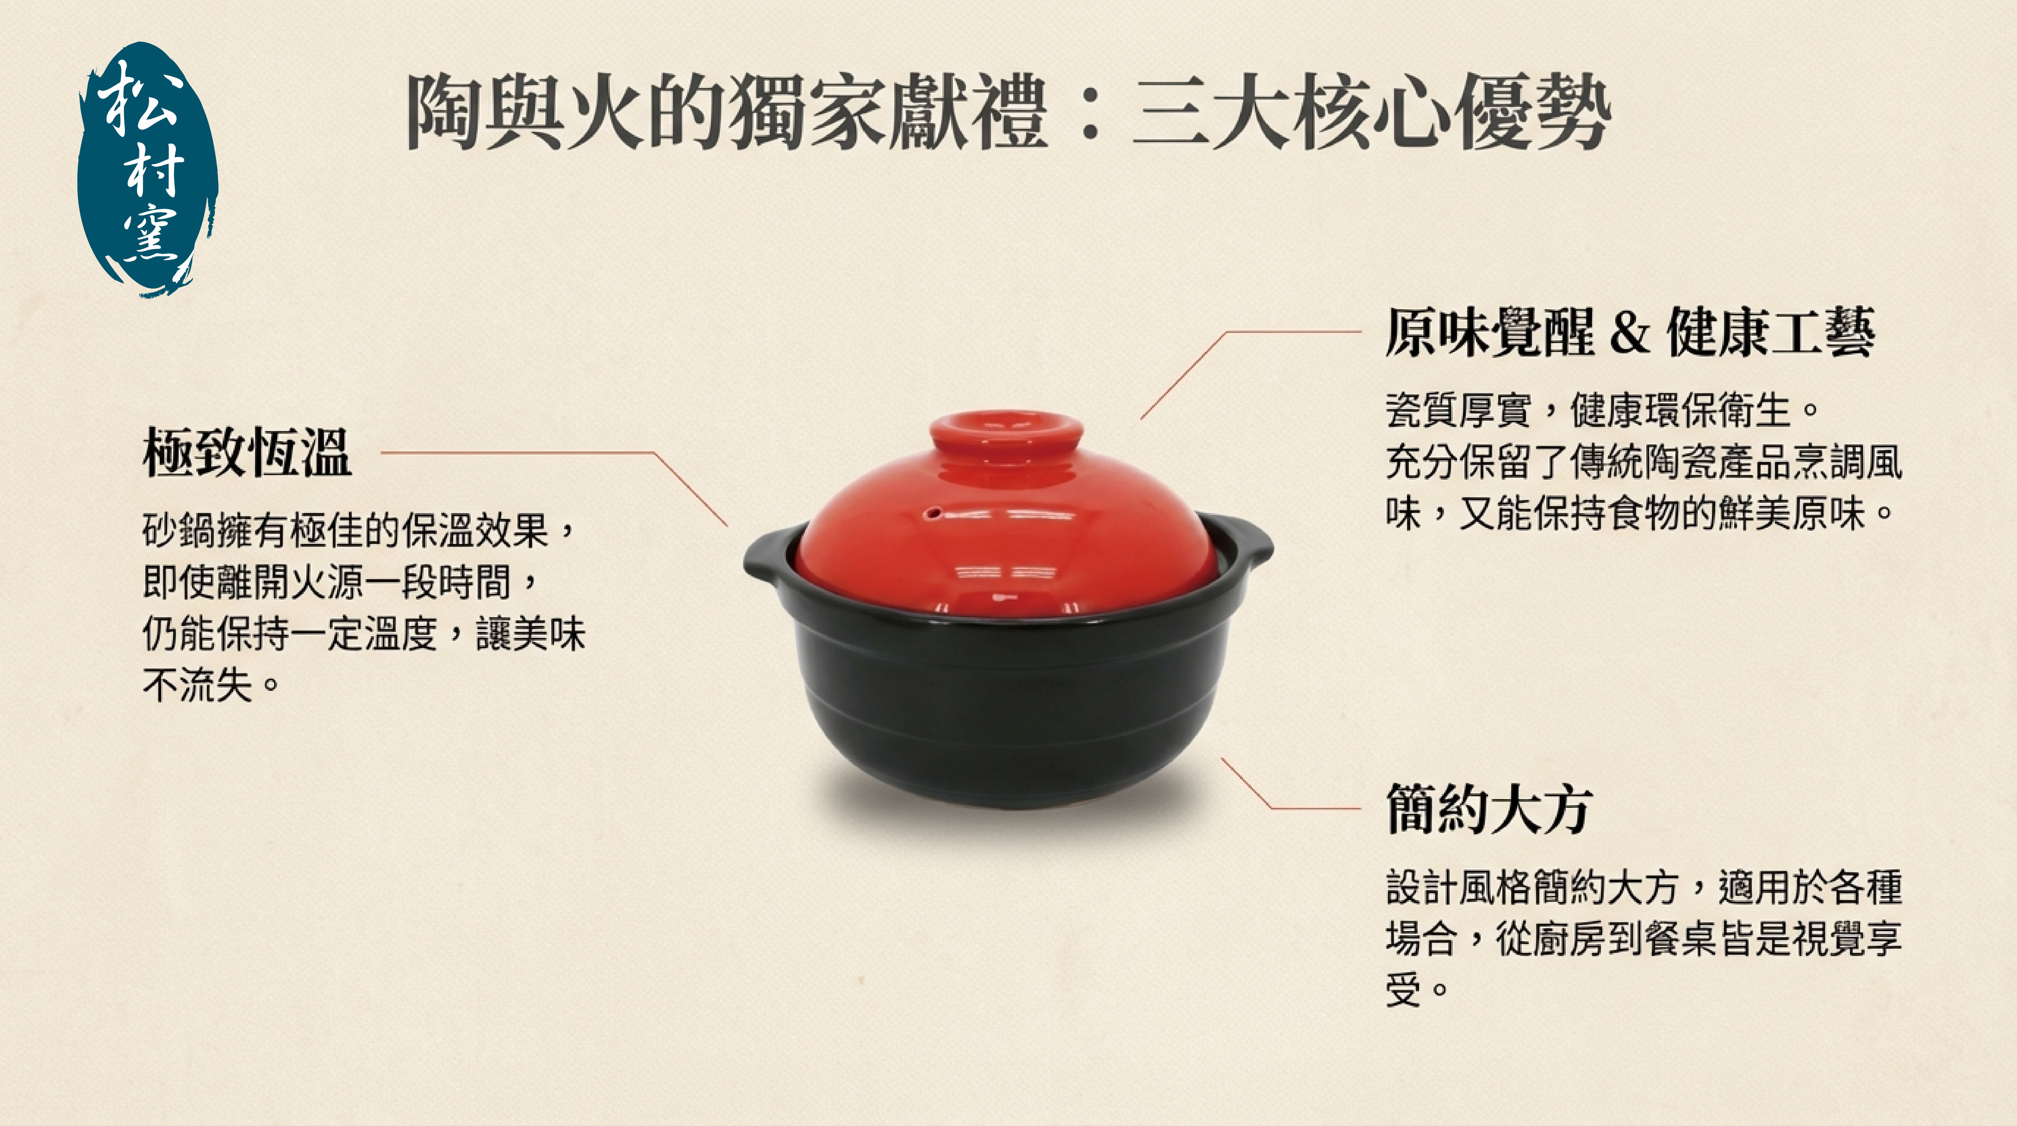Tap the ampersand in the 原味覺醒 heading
(1629, 333)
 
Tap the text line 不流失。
(211, 686)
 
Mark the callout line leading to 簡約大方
(1290, 783)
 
